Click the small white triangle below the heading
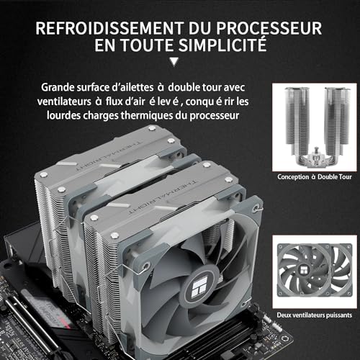coord(177,62)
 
